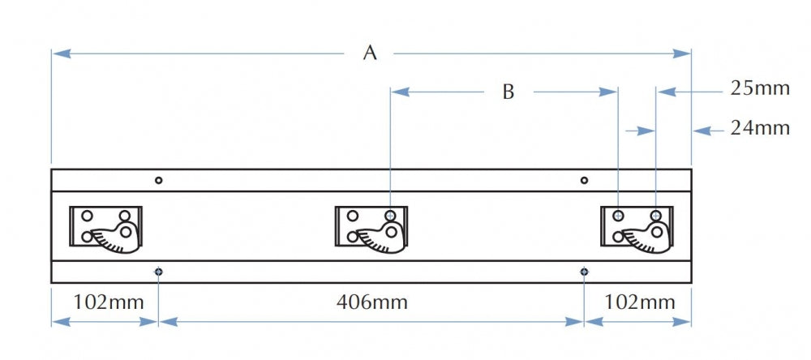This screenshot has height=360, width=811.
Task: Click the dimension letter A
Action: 370,53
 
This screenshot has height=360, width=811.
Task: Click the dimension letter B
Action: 508,92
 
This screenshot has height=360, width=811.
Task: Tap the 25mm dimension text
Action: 760,88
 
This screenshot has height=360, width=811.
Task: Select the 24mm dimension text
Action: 760,128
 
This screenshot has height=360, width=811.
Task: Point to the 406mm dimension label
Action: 372,302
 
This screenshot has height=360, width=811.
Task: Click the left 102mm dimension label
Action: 108,302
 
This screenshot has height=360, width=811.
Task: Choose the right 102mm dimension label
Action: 639,302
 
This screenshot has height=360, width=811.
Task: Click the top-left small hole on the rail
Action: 159,180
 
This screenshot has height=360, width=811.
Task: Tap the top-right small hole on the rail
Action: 584,180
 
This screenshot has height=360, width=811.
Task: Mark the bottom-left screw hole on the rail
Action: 159,272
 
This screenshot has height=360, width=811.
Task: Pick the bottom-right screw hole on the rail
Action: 584,272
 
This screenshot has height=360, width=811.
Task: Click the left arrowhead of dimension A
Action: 61,54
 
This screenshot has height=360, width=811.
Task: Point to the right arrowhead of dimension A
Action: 681,54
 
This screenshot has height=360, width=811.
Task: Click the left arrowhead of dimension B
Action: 401,92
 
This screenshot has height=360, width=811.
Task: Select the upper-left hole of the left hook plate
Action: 87,216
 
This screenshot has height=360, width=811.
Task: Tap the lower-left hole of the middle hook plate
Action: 352,237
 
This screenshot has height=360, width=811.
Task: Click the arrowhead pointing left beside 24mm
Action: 702,131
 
